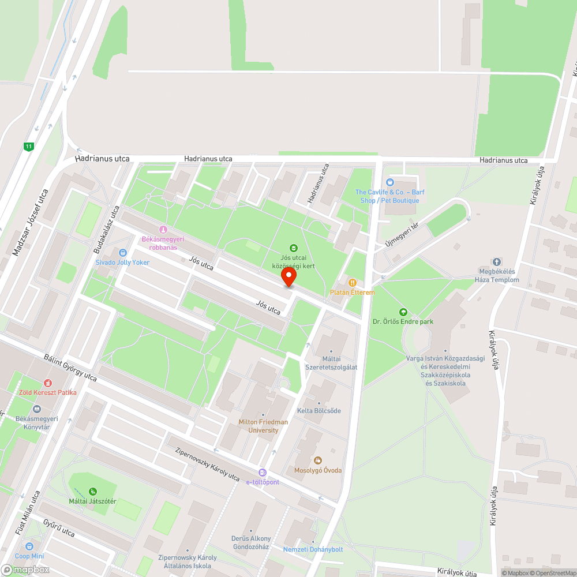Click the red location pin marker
point(288,278)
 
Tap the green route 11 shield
point(28,147)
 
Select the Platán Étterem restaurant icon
point(352,283)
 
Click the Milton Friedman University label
point(263,426)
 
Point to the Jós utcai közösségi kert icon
point(293,248)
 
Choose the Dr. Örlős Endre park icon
point(403,312)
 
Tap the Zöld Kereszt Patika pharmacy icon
point(47,383)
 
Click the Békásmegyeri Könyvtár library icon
point(37,409)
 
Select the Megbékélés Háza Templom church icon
point(496,262)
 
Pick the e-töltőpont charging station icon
point(263,473)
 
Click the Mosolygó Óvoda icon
point(317,460)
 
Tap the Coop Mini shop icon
point(29,546)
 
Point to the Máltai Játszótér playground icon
point(92,492)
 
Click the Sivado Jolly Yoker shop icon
point(122,253)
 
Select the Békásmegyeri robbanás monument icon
point(163,229)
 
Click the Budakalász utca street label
point(106,230)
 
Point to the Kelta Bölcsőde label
point(319,410)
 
